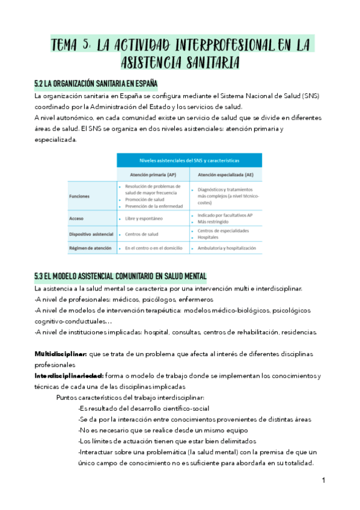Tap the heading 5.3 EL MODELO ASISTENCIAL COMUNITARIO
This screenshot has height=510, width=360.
(121, 276)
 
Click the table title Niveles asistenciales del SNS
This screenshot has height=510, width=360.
(189, 161)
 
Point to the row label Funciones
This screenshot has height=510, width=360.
(80, 195)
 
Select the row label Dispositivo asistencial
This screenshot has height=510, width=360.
(91, 234)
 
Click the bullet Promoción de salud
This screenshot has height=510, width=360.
(145, 200)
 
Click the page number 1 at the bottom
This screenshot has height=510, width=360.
(323, 481)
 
